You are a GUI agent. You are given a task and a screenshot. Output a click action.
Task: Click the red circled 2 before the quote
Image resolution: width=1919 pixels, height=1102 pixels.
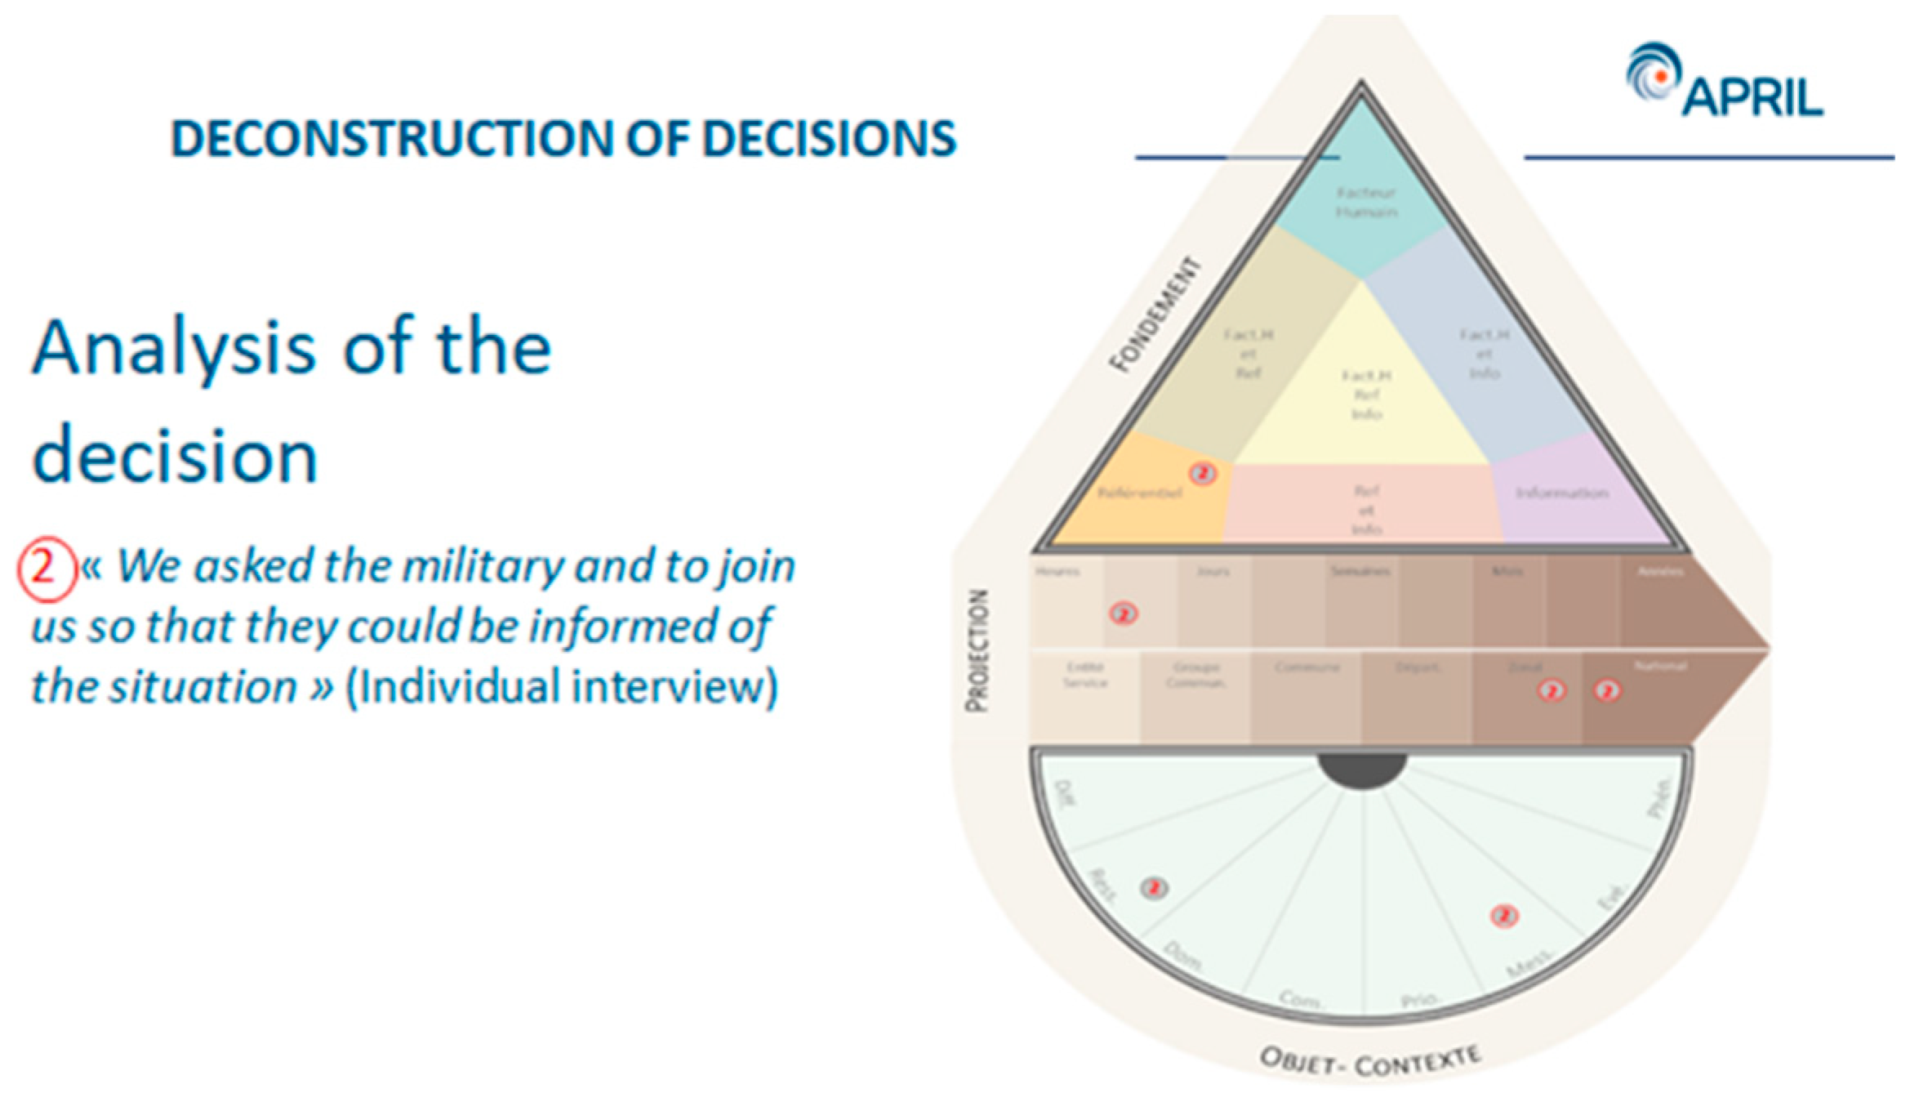[44, 566]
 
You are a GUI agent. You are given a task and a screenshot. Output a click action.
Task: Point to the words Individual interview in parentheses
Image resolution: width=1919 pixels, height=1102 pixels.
[562, 685]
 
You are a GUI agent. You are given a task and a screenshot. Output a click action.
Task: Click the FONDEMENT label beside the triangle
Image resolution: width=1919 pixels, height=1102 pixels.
[1155, 315]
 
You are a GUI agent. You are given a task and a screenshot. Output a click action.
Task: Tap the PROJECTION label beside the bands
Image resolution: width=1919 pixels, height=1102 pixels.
[977, 650]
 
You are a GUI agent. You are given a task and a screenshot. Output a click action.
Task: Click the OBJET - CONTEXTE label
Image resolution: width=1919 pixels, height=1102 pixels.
[1370, 1061]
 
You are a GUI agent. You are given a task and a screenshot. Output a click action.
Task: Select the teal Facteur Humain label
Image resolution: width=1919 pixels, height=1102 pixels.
[1366, 202]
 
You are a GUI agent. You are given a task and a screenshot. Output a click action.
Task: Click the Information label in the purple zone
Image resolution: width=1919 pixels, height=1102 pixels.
[1561, 493]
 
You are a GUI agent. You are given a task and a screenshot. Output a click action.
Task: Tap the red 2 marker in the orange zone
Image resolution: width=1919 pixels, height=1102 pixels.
[1202, 473]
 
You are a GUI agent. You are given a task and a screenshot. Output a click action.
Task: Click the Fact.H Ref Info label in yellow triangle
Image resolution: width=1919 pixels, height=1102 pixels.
[1366, 395]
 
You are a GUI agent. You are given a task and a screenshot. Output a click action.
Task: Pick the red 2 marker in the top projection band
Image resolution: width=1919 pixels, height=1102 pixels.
[1124, 613]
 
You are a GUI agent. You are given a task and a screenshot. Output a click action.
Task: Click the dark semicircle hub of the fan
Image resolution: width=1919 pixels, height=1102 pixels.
[1361, 770]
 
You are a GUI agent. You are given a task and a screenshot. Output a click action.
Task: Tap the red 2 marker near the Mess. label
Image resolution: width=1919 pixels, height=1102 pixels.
[1504, 916]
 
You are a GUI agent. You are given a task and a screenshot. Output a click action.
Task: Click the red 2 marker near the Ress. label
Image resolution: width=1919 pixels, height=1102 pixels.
[1153, 888]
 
